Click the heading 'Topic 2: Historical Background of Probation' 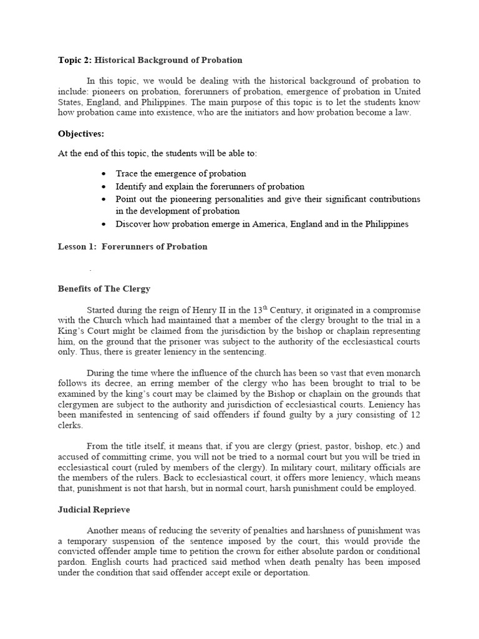[150, 61]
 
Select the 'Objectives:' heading [81, 134]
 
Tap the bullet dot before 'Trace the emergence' [103, 174]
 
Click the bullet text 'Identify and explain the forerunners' [210, 187]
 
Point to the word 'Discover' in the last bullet [133, 224]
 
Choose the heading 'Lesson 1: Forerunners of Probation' [132, 246]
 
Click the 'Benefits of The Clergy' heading [104, 289]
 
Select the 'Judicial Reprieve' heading [94, 510]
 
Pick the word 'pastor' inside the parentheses [318, 446]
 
